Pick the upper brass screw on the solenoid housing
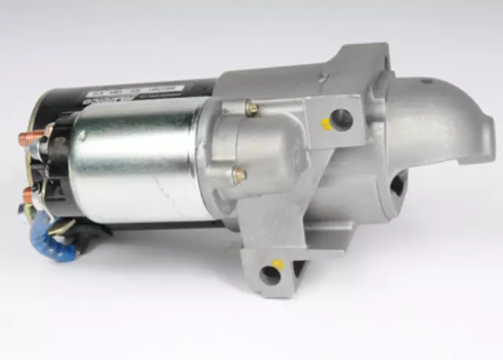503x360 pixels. pos(251,108)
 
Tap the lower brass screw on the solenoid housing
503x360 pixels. pos(239,175)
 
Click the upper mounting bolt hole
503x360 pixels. pos(342,119)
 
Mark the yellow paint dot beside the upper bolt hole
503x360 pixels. pos(326,123)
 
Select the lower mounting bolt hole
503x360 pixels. pos(271,274)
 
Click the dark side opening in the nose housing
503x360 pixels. pos(397,185)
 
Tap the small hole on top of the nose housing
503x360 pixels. pos(426,82)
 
